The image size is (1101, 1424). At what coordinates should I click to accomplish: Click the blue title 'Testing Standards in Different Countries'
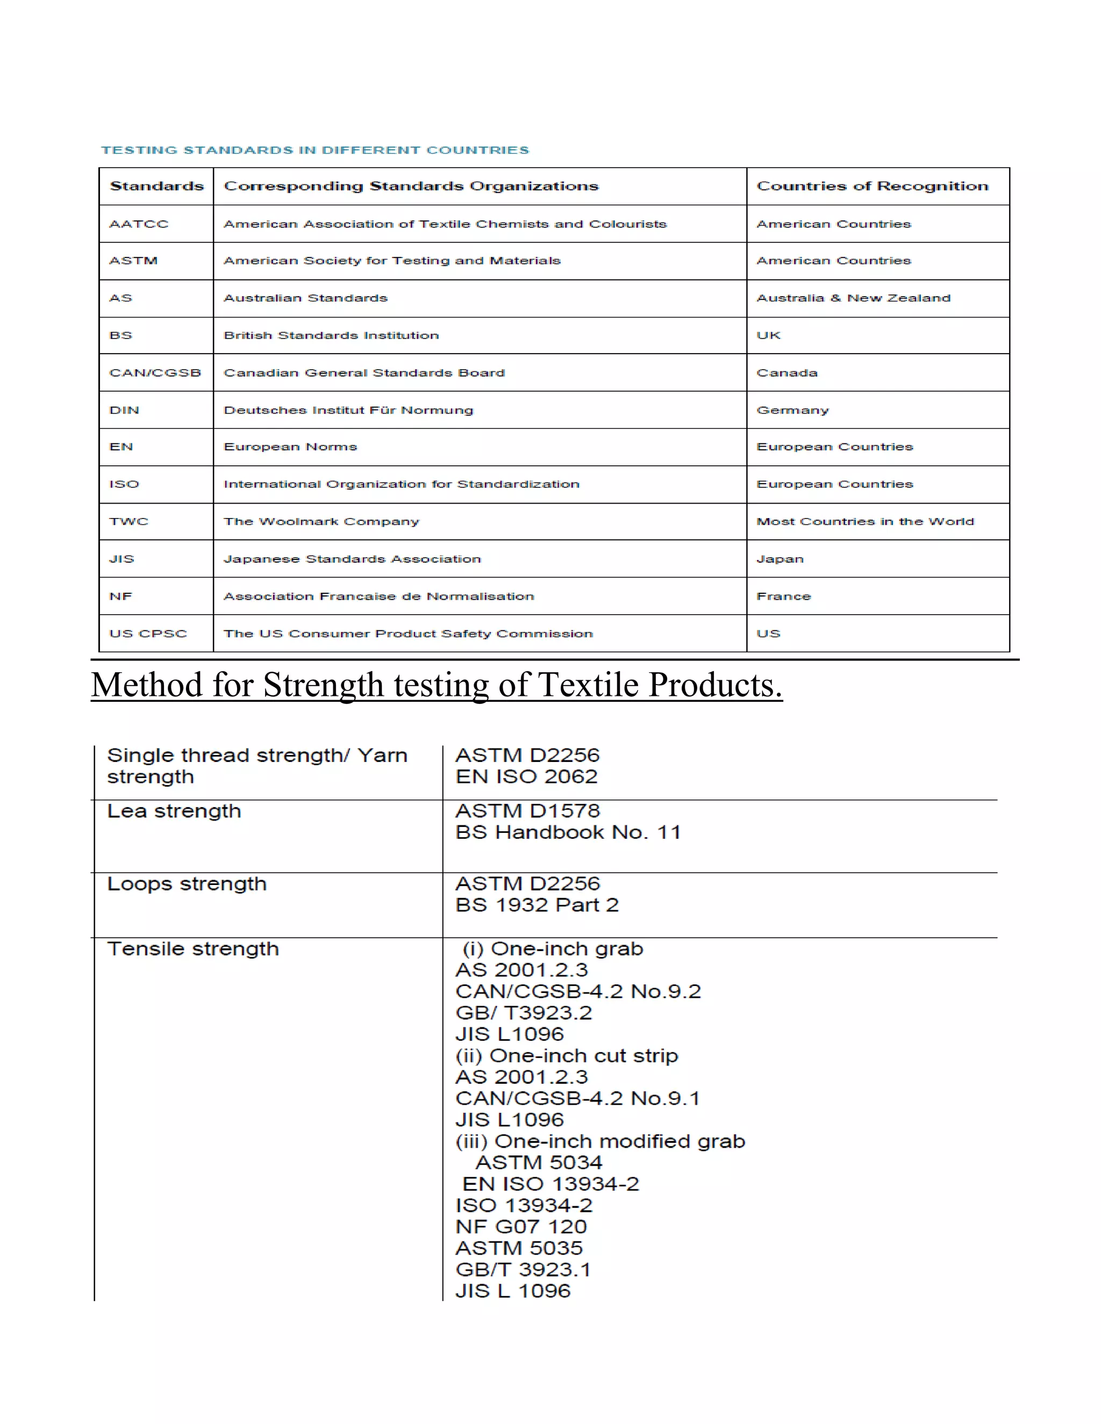click(x=315, y=150)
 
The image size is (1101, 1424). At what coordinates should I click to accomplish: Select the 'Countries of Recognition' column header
click(x=872, y=186)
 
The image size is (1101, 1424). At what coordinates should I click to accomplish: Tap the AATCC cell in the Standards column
click(x=138, y=224)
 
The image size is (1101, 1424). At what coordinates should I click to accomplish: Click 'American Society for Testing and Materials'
click(x=392, y=260)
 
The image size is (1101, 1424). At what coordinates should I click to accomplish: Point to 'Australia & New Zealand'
click(x=853, y=298)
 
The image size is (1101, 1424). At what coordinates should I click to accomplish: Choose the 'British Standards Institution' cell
click(x=331, y=335)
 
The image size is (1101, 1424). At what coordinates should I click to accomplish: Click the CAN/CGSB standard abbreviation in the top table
click(x=155, y=372)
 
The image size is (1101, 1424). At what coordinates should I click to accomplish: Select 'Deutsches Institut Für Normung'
click(x=348, y=410)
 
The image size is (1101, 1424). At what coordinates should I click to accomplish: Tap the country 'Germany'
click(x=792, y=410)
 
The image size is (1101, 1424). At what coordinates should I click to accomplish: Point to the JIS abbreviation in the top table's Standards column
click(x=122, y=559)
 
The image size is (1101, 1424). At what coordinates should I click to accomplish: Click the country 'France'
click(x=783, y=596)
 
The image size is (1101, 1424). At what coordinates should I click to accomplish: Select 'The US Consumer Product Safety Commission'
click(x=409, y=634)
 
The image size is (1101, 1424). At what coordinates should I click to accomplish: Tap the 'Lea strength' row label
click(x=174, y=811)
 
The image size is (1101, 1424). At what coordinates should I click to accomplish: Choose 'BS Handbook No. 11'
click(x=568, y=832)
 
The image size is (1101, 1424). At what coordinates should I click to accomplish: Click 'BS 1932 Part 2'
click(x=537, y=905)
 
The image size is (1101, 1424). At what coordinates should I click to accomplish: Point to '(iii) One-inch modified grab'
click(x=600, y=1141)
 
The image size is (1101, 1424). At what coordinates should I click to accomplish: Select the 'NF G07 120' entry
click(x=521, y=1226)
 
